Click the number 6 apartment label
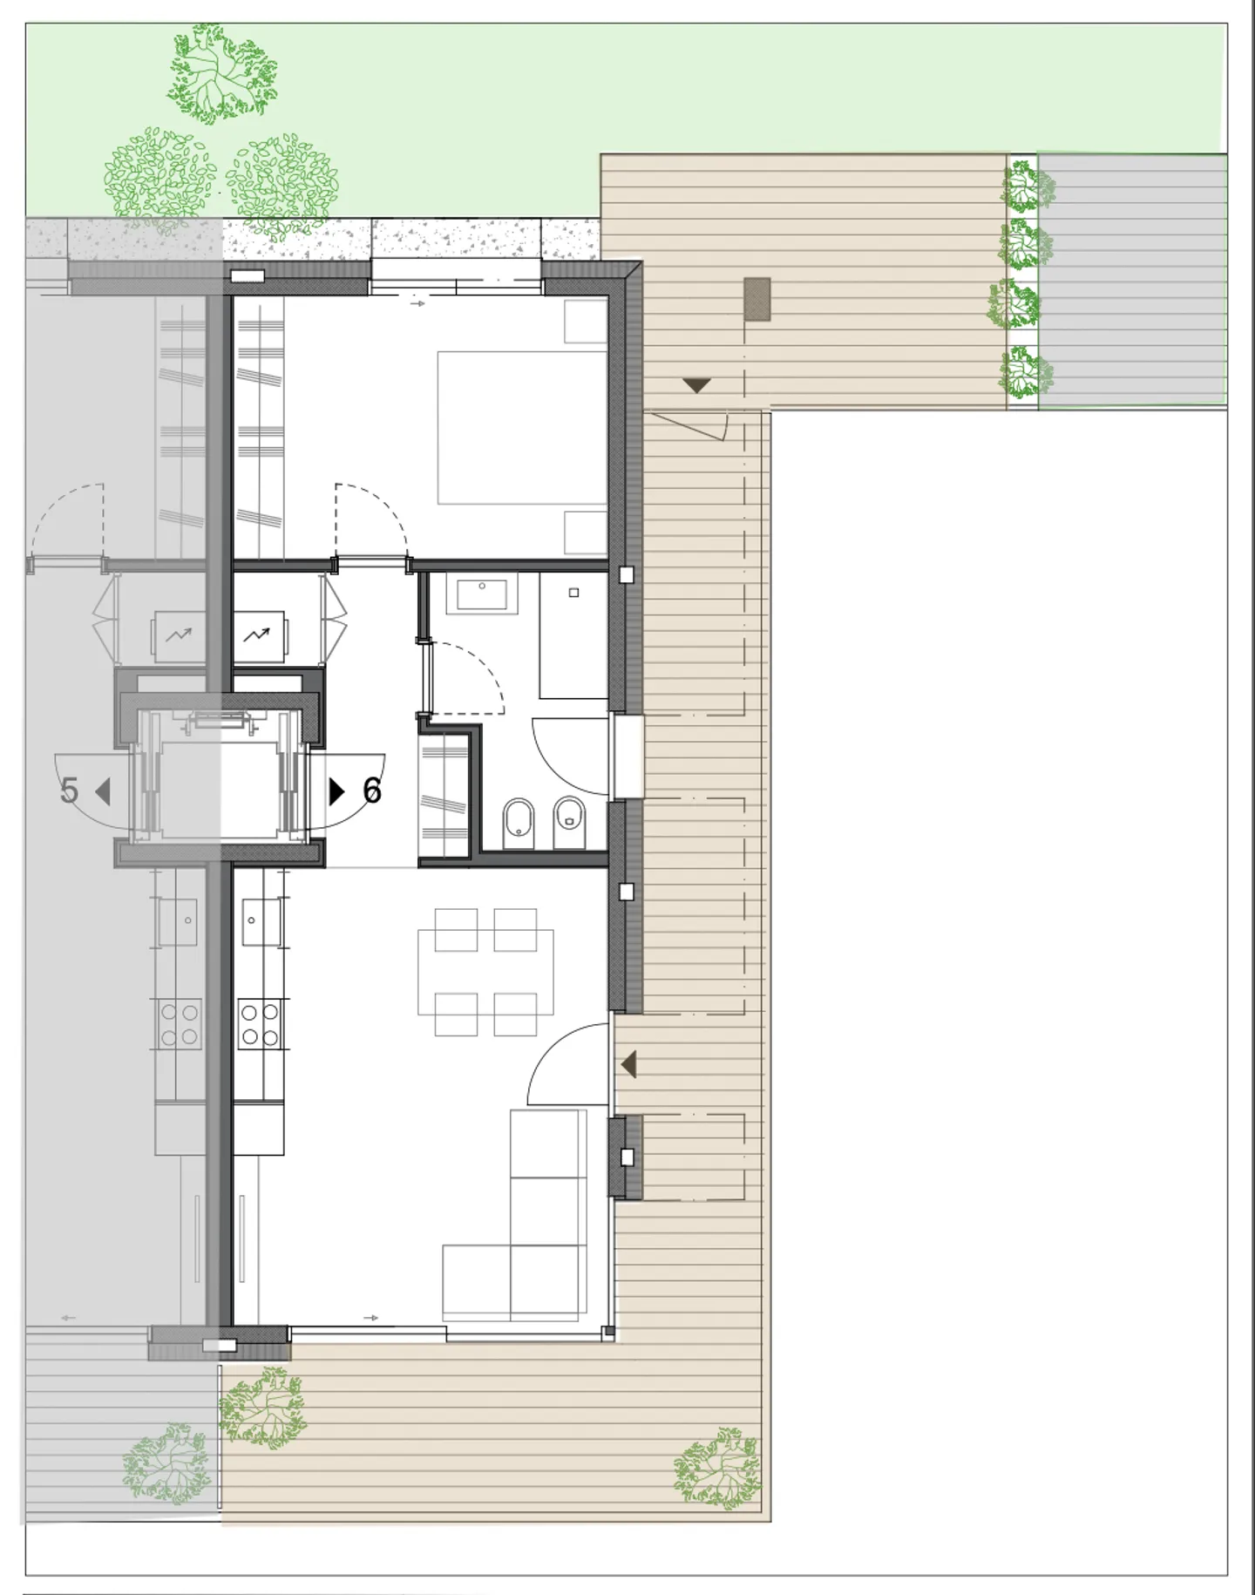click(x=372, y=791)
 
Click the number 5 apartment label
click(x=70, y=791)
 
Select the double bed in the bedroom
click(x=521, y=427)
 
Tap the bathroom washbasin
click(x=482, y=594)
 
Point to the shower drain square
click(x=573, y=593)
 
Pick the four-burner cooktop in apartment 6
click(x=260, y=1024)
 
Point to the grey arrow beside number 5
click(x=103, y=791)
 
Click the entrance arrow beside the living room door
click(x=628, y=1064)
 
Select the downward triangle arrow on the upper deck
click(x=696, y=385)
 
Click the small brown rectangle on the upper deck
click(x=757, y=301)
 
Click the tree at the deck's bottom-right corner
click(x=716, y=1469)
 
